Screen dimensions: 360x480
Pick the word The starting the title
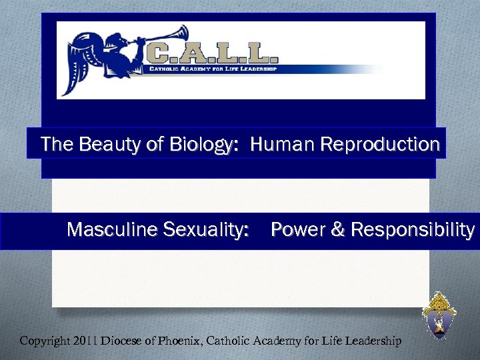pos(55,144)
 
